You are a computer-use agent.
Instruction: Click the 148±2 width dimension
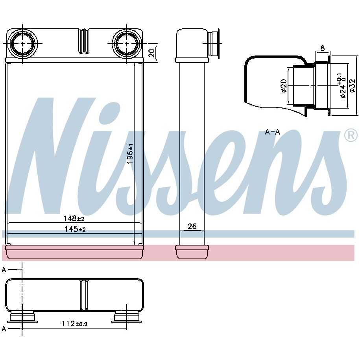pyautogui.click(x=74, y=218)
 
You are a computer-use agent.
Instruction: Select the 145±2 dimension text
pyautogui.click(x=75, y=229)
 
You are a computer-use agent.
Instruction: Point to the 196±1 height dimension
pyautogui.click(x=130, y=153)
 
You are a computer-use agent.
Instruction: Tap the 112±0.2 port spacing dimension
pyautogui.click(x=74, y=324)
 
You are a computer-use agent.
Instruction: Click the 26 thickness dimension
pyautogui.click(x=192, y=226)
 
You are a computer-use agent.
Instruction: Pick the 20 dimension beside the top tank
pyautogui.click(x=152, y=53)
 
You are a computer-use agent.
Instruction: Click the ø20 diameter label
pyautogui.click(x=284, y=86)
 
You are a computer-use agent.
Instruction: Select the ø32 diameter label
pyautogui.click(x=353, y=86)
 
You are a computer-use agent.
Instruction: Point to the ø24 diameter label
pyautogui.click(x=342, y=86)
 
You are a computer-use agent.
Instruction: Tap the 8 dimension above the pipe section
pyautogui.click(x=323, y=48)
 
